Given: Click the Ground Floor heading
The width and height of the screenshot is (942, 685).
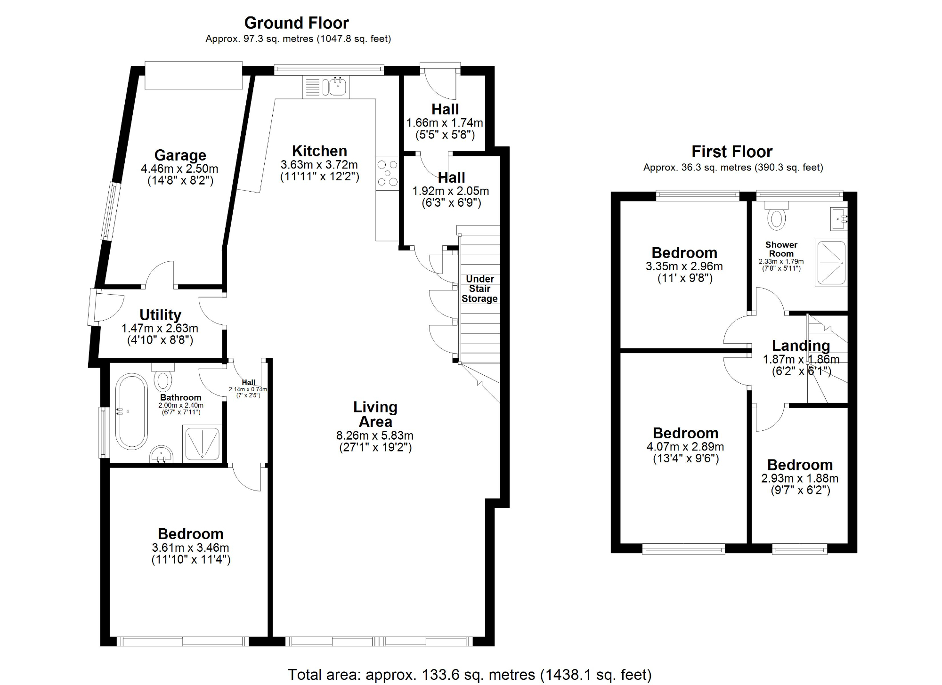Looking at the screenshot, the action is [x=296, y=23].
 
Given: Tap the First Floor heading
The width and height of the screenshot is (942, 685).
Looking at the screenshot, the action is [x=732, y=152].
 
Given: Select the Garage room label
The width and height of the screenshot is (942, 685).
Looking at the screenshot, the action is [x=180, y=155].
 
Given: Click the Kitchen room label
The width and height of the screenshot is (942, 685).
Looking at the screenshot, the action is [x=319, y=151].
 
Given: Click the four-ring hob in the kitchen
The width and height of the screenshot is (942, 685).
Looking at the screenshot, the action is [x=388, y=173].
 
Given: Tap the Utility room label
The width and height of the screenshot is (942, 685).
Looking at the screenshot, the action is [x=160, y=314].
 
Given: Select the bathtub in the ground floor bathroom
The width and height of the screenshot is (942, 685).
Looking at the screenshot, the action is [x=132, y=411].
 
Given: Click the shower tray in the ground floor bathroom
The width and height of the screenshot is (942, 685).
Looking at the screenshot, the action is [x=202, y=443].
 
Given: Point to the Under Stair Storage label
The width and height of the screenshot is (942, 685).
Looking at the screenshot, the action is [x=479, y=289].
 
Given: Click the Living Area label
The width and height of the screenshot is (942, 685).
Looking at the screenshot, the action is [x=375, y=414].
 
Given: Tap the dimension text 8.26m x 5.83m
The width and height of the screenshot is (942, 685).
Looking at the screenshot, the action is [x=375, y=435].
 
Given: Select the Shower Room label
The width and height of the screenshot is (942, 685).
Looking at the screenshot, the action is [x=781, y=249].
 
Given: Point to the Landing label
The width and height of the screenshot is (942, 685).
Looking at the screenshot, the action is [x=801, y=346].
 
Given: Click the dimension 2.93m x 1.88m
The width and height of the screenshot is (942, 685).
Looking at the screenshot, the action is [x=800, y=478].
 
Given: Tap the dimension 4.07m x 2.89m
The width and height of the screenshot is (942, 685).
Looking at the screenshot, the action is [x=685, y=446].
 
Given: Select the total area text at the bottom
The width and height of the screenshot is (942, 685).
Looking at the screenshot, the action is [x=470, y=675].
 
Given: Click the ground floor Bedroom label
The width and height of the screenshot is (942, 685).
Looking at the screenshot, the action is [x=190, y=534].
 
